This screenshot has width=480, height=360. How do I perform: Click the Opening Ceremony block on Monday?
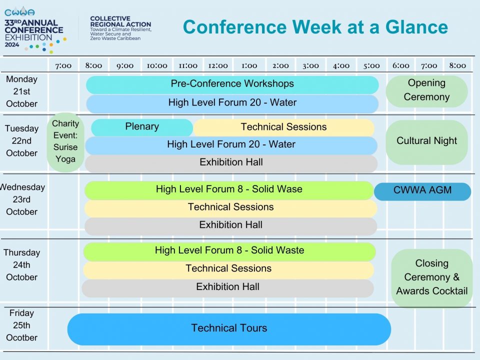pyautogui.click(x=426, y=91)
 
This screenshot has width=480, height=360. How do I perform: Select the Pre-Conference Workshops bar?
pyautogui.click(x=232, y=85)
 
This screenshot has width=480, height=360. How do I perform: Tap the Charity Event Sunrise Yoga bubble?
pyautogui.click(x=65, y=142)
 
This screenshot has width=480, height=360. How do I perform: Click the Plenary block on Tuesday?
pyautogui.click(x=142, y=127)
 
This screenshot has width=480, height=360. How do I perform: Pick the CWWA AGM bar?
pyautogui.click(x=422, y=191)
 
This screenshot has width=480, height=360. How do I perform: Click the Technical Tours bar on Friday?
pyautogui.click(x=229, y=329)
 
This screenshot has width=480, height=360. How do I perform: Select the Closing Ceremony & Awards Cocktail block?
pyautogui.click(x=431, y=278)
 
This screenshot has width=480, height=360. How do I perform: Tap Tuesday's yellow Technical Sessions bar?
pyautogui.click(x=284, y=127)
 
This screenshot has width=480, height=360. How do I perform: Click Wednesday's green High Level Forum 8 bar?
pyautogui.click(x=229, y=190)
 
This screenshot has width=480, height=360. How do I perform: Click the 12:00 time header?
pyautogui.click(x=218, y=66)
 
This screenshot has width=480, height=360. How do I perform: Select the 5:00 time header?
pyautogui.click(x=371, y=66)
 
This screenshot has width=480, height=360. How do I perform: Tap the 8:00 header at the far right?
pyautogui.click(x=457, y=65)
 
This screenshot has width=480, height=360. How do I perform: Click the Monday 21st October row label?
pyautogui.click(x=21, y=91)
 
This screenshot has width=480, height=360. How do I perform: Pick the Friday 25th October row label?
pyautogui.click(x=21, y=325)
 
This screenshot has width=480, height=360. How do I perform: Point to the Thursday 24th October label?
pyautogui.click(x=21, y=265)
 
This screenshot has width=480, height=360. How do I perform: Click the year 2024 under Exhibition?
pyautogui.click(x=12, y=44)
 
